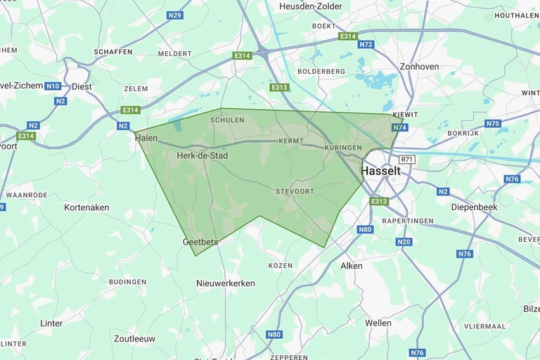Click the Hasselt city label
380,171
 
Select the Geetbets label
200,242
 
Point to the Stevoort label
294,191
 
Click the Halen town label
146,139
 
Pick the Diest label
82,86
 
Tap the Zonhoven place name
419,67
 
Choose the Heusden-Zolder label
311,6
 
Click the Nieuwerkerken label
226,283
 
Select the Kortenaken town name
86,207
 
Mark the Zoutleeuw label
135,337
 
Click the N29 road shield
175,15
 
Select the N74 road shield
400,127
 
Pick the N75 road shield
493,124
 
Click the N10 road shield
53,86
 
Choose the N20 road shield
403,242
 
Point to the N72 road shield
366,44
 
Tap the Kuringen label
343,148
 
